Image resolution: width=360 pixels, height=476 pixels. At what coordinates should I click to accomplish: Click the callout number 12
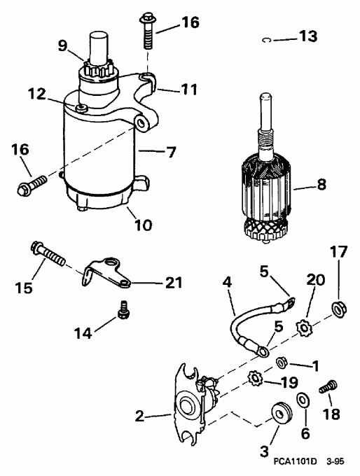pos(36,93)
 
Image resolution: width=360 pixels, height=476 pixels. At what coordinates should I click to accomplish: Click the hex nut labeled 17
pos(338,306)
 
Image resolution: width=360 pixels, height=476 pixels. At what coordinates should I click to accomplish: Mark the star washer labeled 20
pos(305,326)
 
